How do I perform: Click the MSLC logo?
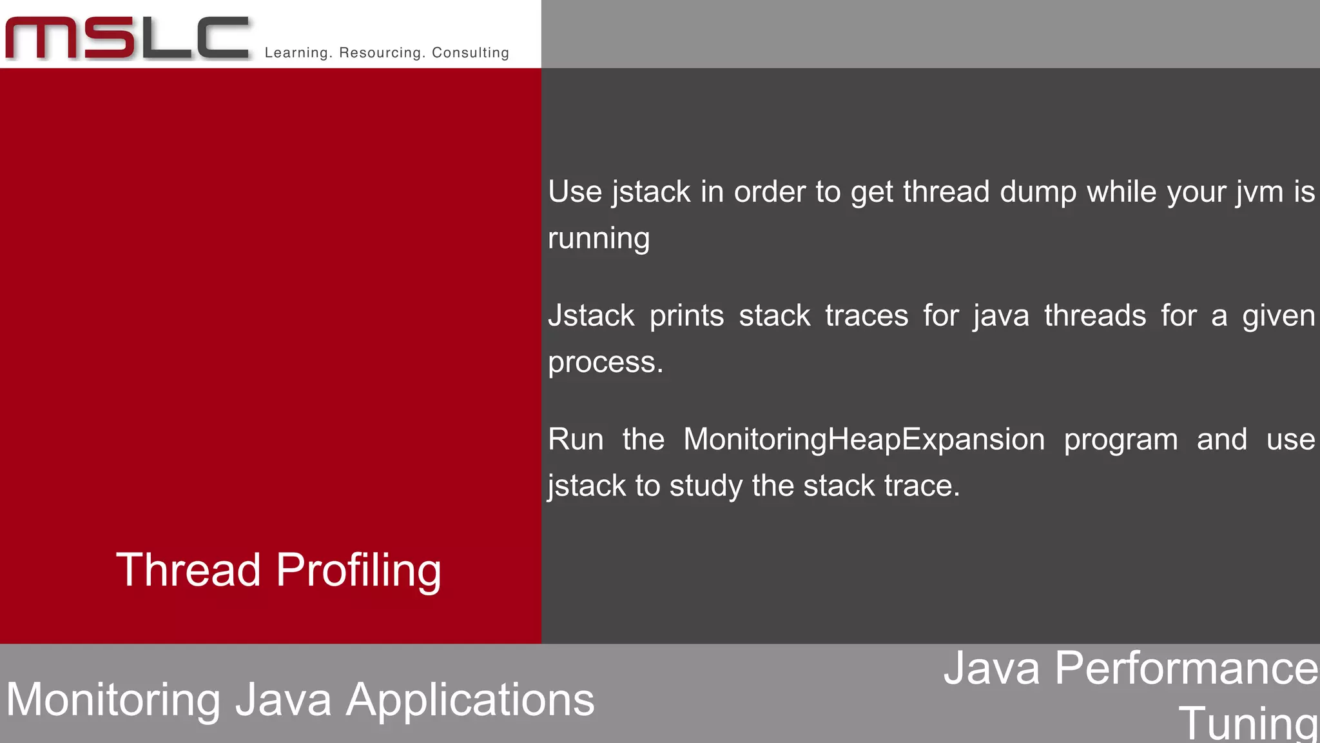click(127, 39)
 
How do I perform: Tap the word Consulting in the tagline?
click(471, 53)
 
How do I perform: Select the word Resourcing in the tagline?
click(382, 53)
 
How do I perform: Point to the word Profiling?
click(358, 571)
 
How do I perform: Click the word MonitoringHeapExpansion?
click(864, 440)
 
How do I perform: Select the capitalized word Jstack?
click(591, 316)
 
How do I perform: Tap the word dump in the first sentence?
click(1038, 192)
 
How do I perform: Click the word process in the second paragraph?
click(605, 362)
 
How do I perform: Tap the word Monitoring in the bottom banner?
click(113, 700)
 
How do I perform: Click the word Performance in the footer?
click(1187, 668)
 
